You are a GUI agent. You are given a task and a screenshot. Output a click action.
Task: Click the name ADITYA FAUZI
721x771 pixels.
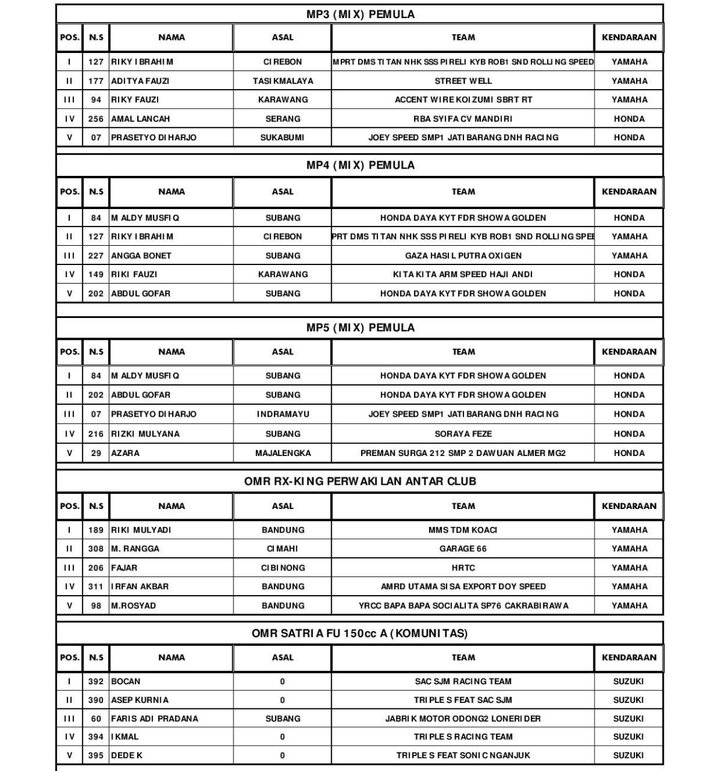point(140,81)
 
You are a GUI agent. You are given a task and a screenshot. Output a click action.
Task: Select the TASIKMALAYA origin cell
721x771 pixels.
point(283,81)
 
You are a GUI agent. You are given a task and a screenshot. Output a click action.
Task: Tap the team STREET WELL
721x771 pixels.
point(463,81)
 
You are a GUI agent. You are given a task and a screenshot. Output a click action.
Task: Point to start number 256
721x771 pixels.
point(96,119)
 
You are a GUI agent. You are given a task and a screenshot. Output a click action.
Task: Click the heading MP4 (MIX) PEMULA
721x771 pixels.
point(360,165)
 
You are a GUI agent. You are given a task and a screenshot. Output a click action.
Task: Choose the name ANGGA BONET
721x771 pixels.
point(141,255)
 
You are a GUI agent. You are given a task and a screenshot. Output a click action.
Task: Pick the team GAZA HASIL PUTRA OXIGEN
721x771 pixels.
point(463,255)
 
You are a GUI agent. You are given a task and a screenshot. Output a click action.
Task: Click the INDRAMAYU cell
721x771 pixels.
point(283,414)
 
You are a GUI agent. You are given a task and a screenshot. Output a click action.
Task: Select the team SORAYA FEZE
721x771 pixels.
point(463,434)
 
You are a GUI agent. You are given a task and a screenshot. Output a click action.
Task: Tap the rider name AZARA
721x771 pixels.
point(125,453)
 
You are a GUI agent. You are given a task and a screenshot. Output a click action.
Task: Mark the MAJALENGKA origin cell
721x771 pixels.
point(283,453)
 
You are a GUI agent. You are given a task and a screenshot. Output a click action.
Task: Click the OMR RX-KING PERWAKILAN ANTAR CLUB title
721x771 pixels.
point(360,481)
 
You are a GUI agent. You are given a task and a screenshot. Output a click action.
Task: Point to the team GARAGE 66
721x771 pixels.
point(463,549)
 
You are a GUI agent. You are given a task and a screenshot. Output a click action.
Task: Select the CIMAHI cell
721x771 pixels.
point(283,549)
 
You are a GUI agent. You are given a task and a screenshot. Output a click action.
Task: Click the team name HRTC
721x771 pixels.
point(463,567)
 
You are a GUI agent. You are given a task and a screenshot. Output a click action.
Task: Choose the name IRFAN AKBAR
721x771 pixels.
point(140,586)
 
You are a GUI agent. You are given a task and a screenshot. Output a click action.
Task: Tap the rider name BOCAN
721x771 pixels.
point(126,681)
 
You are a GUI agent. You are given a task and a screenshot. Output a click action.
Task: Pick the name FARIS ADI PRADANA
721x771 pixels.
point(154,719)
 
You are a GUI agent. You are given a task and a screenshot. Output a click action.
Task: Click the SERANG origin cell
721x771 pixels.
point(283,119)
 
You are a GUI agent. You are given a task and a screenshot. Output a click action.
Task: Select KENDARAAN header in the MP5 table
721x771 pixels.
point(629,352)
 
